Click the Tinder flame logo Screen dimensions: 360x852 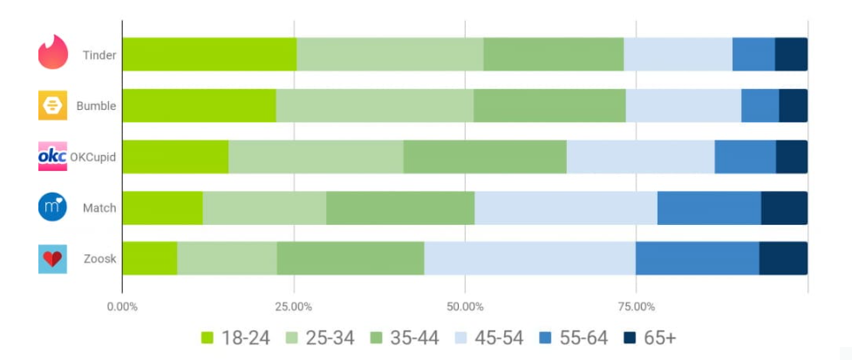(x=53, y=54)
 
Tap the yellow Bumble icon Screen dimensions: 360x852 (x=53, y=105)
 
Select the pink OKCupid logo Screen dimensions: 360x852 (x=53, y=157)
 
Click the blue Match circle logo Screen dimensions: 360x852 (x=53, y=207)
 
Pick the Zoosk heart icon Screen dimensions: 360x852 (x=53, y=259)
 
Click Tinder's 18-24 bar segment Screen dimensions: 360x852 (x=209, y=54)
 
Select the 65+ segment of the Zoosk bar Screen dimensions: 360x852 (x=783, y=258)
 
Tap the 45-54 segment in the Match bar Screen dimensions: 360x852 (x=566, y=207)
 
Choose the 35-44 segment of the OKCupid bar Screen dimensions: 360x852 (x=485, y=157)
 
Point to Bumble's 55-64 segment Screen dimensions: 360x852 (x=760, y=105)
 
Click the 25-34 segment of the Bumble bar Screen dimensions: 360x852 (x=375, y=105)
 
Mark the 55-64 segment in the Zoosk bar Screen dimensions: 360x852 (x=697, y=258)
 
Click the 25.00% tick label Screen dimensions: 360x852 (x=294, y=307)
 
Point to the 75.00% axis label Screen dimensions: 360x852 (x=637, y=307)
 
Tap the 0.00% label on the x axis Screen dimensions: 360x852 (x=122, y=307)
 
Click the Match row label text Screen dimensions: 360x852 (x=99, y=208)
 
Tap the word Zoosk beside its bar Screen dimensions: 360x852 (x=99, y=259)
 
